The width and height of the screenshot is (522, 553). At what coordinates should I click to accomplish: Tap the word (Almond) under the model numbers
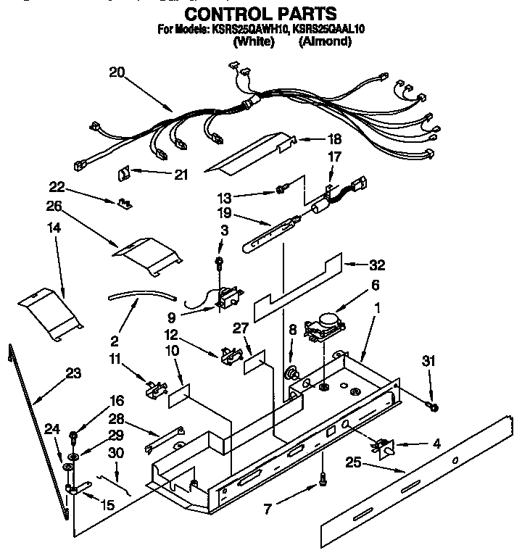tap(325, 42)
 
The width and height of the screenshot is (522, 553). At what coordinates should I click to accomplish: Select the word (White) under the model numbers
tap(253, 42)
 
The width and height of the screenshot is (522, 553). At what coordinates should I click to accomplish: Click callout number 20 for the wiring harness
tap(117, 71)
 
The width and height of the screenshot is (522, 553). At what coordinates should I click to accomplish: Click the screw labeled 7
tap(321, 478)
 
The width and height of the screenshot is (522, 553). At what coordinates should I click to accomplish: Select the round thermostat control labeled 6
tap(323, 323)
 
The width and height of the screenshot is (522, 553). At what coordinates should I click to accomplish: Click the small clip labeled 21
tap(123, 174)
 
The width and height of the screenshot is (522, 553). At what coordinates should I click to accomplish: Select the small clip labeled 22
tap(125, 201)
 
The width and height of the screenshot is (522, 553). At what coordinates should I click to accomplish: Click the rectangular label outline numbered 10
tap(179, 394)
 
